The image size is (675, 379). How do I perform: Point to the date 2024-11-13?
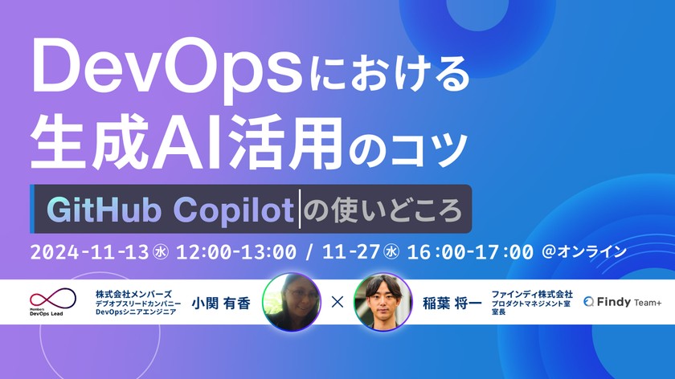pyautogui.click(x=89, y=251)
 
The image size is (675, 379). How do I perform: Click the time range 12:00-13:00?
pyautogui.click(x=238, y=251)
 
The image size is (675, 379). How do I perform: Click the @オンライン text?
pyautogui.click(x=585, y=251)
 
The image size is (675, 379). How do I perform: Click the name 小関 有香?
pyautogui.click(x=222, y=303)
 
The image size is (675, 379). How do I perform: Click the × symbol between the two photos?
pyautogui.click(x=337, y=303)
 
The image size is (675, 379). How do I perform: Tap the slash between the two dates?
pyautogui.click(x=309, y=251)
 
